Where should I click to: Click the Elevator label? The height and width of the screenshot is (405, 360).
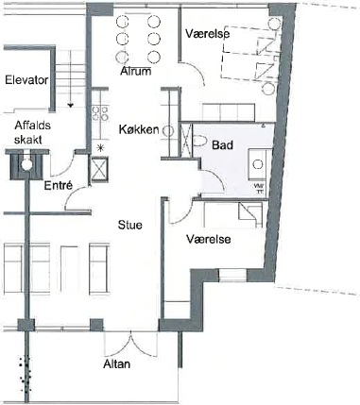pyautogui.click(x=26, y=80)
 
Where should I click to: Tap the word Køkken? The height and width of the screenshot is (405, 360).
pyautogui.click(x=139, y=129)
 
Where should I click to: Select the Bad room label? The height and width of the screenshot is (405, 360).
pyautogui.click(x=222, y=145)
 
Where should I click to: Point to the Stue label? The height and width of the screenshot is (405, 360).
pyautogui.click(x=130, y=225)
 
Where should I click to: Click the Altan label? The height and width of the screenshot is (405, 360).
pyautogui.click(x=116, y=364)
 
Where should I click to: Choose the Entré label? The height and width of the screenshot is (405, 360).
pyautogui.click(x=59, y=185)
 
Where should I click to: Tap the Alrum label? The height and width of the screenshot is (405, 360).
pyautogui.click(x=136, y=71)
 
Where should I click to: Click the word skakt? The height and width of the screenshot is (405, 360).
pyautogui.click(x=28, y=140)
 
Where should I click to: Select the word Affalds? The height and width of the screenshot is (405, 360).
pyautogui.click(x=32, y=126)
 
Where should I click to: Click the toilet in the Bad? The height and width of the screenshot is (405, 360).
pyautogui.click(x=198, y=141)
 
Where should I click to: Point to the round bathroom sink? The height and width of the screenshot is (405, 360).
pyautogui.click(x=258, y=164)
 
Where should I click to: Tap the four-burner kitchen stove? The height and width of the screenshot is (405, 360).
pyautogui.click(x=100, y=113)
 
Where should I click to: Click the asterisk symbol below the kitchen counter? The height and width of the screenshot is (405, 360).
pyautogui.click(x=100, y=147)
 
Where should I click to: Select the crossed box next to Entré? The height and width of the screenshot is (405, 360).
pyautogui.click(x=99, y=170)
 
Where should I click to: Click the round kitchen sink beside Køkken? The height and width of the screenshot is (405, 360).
pyautogui.click(x=169, y=131)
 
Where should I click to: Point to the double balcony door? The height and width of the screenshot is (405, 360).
pyautogui.click(x=130, y=343)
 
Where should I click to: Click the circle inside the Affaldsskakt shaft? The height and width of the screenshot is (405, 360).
pyautogui.click(x=26, y=164)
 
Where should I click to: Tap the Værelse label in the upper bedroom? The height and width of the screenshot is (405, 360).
pyautogui.click(x=207, y=33)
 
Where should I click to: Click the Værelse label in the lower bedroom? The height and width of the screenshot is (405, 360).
pyautogui.click(x=208, y=239)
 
